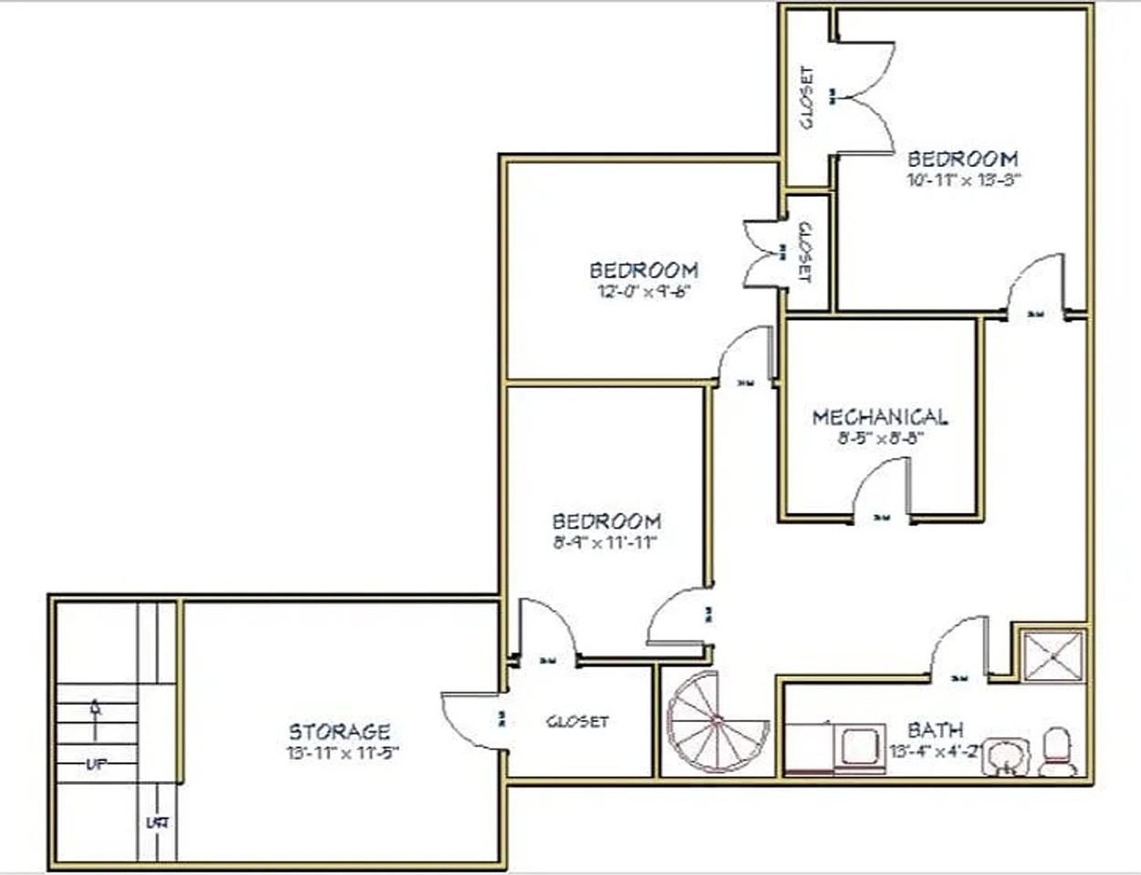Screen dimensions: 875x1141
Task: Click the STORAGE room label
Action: [339, 731]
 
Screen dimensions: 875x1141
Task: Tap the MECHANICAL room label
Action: [879, 417]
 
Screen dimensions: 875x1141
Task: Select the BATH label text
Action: [935, 730]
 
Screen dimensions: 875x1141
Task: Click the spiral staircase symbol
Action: [718, 722]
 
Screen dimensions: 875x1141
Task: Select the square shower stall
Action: [1053, 654]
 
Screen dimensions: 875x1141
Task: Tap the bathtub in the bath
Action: [835, 748]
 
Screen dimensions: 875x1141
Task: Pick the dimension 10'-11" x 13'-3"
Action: [962, 180]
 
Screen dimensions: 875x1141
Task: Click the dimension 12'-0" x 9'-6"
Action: [643, 292]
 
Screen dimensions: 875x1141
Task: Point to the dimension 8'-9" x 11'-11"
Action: [606, 543]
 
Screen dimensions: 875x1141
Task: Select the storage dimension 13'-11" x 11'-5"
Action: [342, 753]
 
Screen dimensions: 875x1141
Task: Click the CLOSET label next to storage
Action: [576, 722]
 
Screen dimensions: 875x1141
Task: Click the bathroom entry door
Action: [958, 649]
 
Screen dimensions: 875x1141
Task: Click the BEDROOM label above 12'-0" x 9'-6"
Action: [644, 270]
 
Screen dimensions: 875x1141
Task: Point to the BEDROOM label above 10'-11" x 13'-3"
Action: [962, 159]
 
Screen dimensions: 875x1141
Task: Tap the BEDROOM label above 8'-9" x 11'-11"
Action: [607, 521]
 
